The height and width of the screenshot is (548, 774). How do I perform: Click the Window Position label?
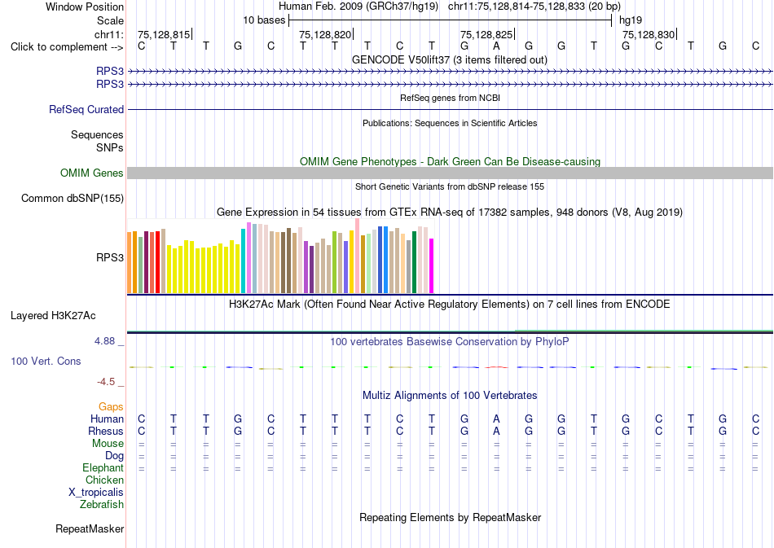(x=85, y=7)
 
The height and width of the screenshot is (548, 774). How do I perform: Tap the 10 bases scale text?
(x=264, y=20)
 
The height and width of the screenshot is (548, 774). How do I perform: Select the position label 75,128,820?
(x=325, y=34)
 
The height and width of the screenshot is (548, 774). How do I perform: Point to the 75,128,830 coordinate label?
(x=649, y=34)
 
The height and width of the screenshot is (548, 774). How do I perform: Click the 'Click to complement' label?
(x=67, y=47)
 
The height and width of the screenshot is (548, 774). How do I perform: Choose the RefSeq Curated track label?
(x=86, y=109)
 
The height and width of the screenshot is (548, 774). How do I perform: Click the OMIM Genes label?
(x=92, y=173)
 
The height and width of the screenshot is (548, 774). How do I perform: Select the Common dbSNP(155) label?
(x=73, y=199)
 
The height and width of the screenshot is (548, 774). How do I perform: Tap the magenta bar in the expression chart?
(x=432, y=266)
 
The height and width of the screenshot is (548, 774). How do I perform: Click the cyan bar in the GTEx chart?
(x=244, y=261)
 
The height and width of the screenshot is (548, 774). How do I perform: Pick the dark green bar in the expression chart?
(x=415, y=262)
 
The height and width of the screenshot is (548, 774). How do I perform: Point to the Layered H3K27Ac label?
(x=53, y=316)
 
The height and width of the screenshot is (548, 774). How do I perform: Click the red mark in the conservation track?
(x=496, y=367)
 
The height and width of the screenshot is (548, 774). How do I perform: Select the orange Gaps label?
(x=111, y=407)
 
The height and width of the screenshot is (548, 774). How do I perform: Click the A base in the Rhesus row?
(x=497, y=431)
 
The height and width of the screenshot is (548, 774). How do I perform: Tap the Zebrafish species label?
(x=102, y=505)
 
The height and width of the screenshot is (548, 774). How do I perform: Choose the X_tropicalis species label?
(x=96, y=493)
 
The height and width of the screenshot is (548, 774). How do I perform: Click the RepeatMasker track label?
(x=90, y=529)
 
